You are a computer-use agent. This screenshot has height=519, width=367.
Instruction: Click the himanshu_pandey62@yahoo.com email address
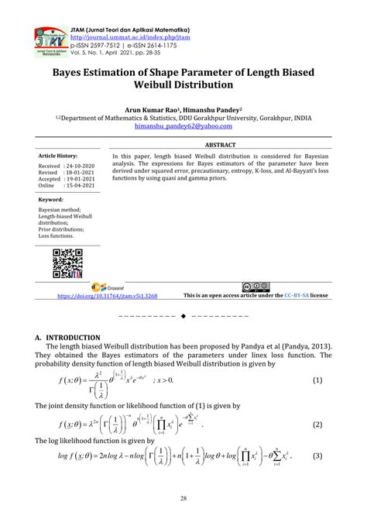point(182,129)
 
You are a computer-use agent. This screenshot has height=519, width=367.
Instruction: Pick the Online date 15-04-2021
point(82,185)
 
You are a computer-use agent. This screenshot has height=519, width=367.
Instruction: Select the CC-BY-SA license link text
point(298,295)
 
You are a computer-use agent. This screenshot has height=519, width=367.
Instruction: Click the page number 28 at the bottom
point(183,497)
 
